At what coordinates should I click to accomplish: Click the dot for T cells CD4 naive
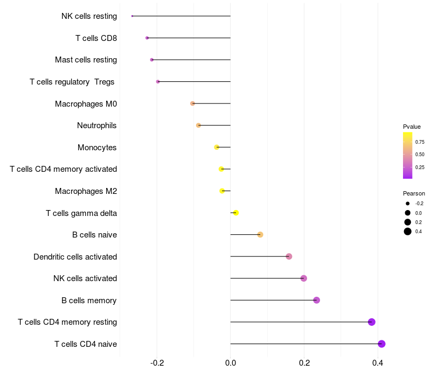(x=381, y=344)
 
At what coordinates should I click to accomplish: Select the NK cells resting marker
(x=132, y=16)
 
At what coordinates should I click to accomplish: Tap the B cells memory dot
(x=316, y=300)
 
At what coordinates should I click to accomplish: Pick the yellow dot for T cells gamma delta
(x=235, y=213)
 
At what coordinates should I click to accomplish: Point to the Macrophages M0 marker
(x=192, y=103)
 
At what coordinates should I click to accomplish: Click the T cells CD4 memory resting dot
(x=371, y=322)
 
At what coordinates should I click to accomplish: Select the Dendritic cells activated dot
(x=289, y=256)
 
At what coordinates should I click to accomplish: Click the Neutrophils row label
(x=97, y=125)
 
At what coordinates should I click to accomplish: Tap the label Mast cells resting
(x=86, y=60)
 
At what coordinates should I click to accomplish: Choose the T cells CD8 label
(x=96, y=38)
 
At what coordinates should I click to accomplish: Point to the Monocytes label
(x=97, y=148)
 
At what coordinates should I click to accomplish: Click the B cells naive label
(x=94, y=235)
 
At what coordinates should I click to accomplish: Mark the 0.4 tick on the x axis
(x=378, y=363)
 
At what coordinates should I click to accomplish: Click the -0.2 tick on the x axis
(x=157, y=363)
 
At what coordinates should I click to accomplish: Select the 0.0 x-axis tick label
(x=231, y=363)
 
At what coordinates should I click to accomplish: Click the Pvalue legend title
(x=412, y=127)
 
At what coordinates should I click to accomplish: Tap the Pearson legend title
(x=414, y=193)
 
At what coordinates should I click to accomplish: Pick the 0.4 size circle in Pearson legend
(x=408, y=232)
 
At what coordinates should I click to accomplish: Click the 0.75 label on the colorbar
(x=420, y=142)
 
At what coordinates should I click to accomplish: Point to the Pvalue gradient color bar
(x=408, y=155)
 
